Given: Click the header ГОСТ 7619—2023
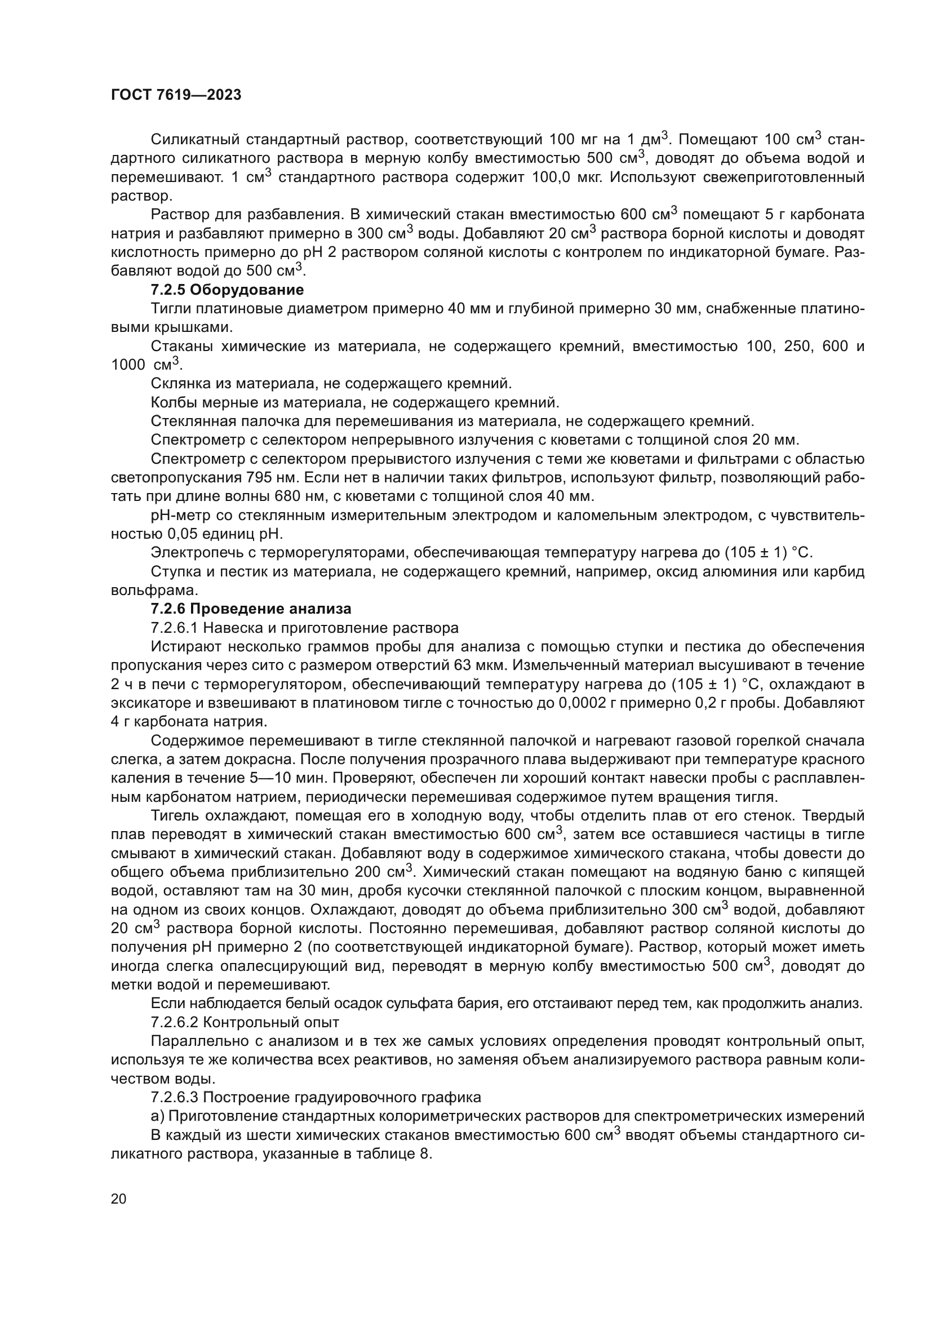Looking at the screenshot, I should coord(176,95).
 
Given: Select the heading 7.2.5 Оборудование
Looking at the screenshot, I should coord(227,290).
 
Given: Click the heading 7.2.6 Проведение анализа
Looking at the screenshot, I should coord(251,609).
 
